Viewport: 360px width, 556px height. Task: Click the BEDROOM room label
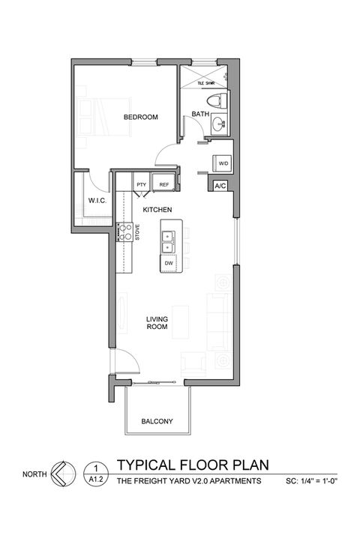tap(141, 117)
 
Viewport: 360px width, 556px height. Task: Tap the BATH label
tap(200, 114)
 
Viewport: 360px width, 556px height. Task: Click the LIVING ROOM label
tap(157, 324)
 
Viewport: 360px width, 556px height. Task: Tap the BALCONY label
tap(157, 422)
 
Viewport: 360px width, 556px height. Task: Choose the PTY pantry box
tap(141, 184)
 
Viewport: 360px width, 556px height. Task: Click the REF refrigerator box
tap(163, 184)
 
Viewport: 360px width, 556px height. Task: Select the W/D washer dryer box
tap(223, 162)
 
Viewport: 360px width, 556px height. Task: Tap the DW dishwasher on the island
tap(169, 263)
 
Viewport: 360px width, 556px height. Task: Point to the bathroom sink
tap(217, 124)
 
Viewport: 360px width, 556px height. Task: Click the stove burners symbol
tap(127, 233)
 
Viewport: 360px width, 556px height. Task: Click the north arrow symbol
tap(63, 474)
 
